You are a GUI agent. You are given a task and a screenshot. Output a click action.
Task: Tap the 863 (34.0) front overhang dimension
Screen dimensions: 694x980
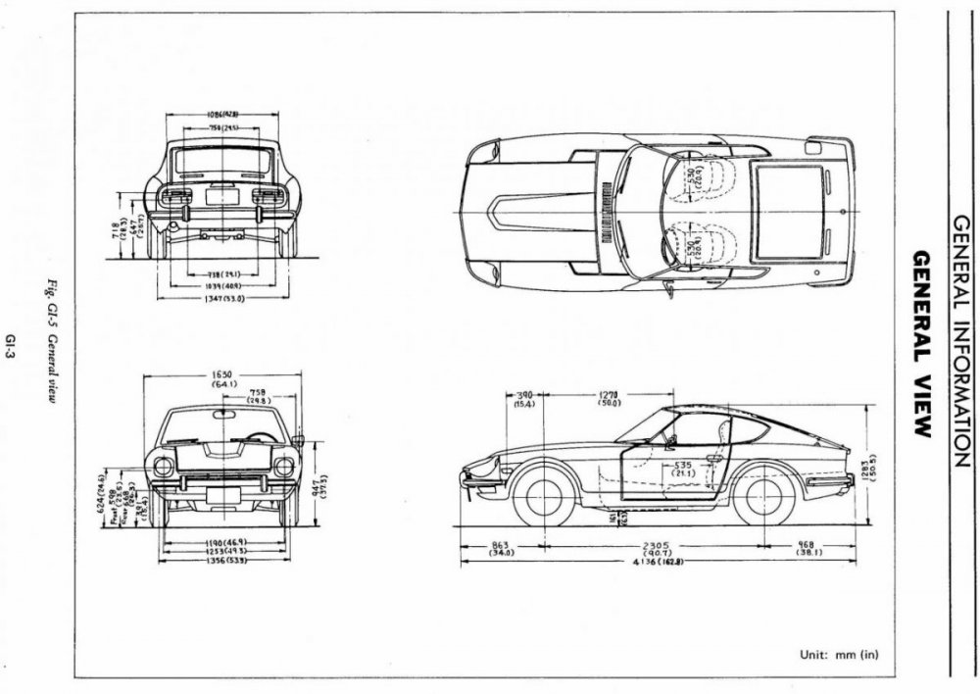coord(501,546)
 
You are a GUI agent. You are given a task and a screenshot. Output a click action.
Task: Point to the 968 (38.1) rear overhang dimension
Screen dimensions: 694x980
coord(808,546)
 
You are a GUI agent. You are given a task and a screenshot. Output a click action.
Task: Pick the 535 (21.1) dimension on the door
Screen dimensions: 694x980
coord(681,468)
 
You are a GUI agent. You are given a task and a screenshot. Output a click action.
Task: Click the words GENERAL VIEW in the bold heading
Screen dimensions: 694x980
coord(921,343)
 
